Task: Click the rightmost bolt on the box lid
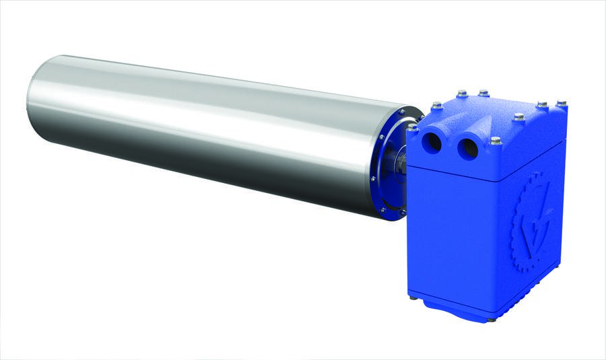pyautogui.click(x=561, y=104)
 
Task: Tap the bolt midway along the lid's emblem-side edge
pyautogui.click(x=518, y=117)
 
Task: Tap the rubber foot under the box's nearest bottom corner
pyautogui.click(x=492, y=319)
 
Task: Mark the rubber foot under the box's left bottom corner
pyautogui.click(x=411, y=296)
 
